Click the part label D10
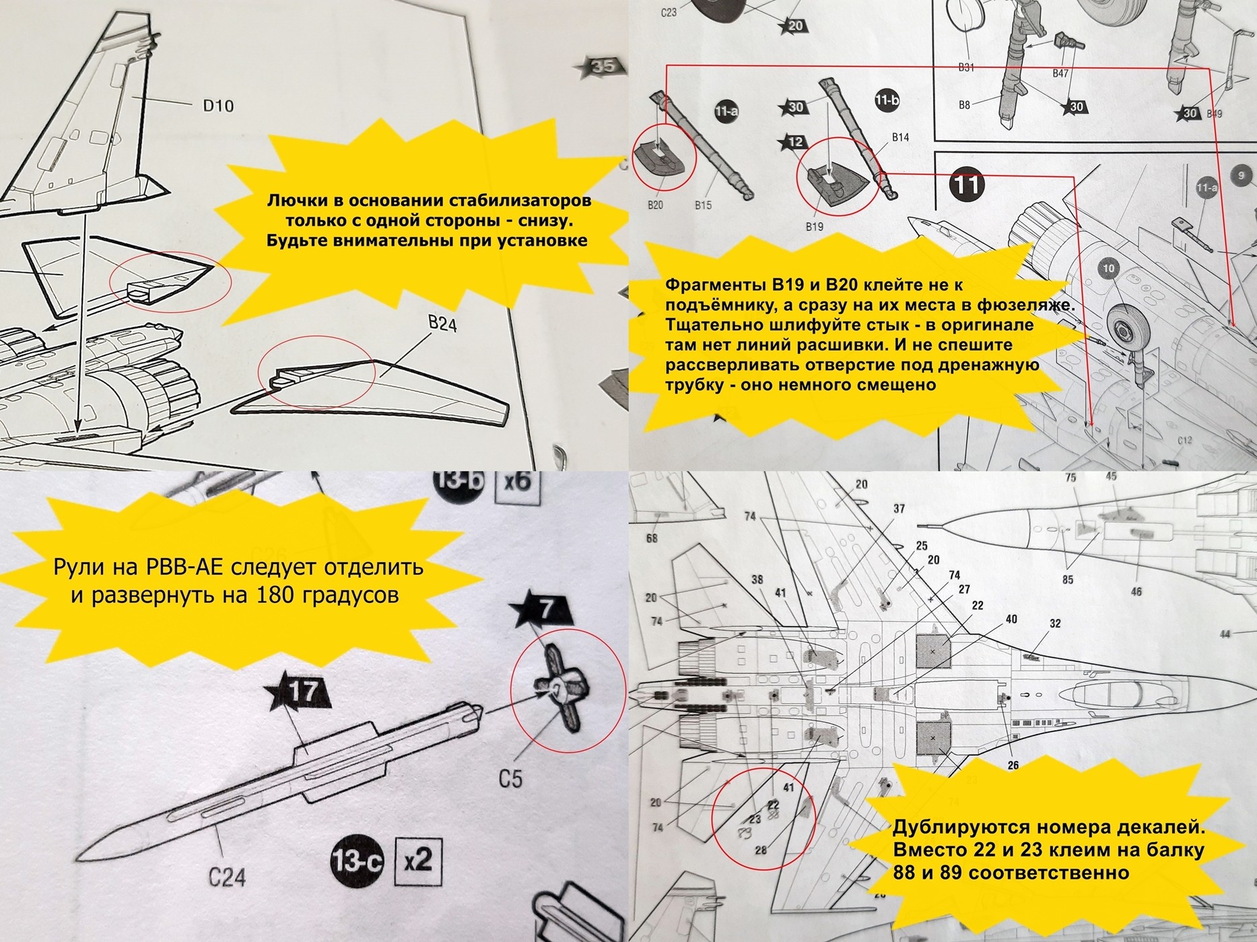(x=218, y=106)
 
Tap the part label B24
(x=442, y=324)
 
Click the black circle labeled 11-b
(x=887, y=100)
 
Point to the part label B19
(x=814, y=227)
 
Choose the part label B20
(x=655, y=205)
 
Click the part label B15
(x=703, y=205)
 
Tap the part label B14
(x=900, y=137)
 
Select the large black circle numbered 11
(x=967, y=184)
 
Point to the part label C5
(x=510, y=778)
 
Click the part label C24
(x=226, y=877)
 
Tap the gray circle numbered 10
(x=1108, y=268)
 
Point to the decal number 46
(x=1136, y=591)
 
